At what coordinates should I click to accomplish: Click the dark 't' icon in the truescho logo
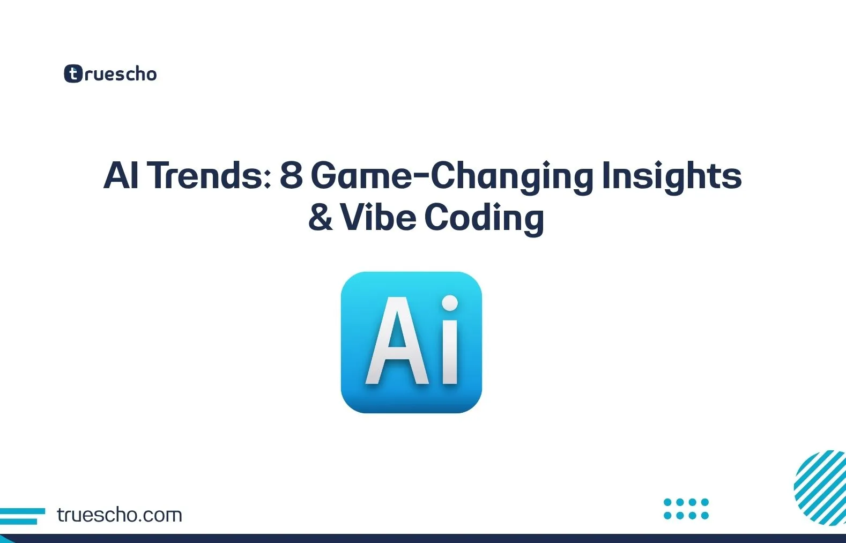coord(73,73)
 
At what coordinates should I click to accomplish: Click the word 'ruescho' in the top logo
coord(120,74)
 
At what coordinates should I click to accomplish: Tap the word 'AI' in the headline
coord(121,175)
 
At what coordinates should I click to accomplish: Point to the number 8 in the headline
coord(291,175)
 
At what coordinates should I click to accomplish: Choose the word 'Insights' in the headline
coord(671,176)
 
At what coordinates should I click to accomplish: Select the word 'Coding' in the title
coord(484,219)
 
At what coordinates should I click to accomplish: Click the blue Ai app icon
coord(411,342)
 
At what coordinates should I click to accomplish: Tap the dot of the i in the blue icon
coord(450,303)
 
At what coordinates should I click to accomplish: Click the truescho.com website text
coord(119,515)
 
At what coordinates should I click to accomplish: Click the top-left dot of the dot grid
coord(667,502)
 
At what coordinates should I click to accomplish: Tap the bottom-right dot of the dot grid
coord(705,515)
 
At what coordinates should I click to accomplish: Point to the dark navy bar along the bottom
coord(423,538)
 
